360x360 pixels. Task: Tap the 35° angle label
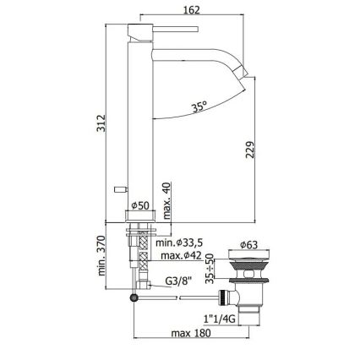coord(199,108)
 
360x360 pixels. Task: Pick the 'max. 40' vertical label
coord(167,198)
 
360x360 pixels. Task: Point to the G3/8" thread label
coord(180,282)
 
